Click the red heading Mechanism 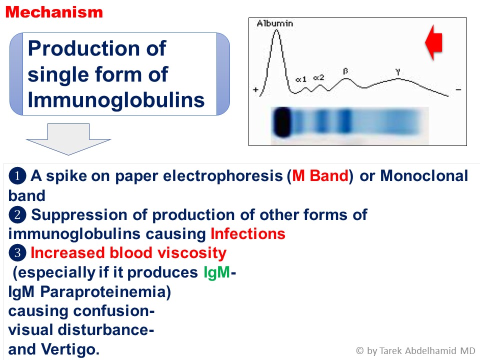pyautogui.click(x=54, y=12)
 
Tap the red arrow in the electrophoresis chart pyautogui.click(x=434, y=42)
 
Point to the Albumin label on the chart pyautogui.click(x=275, y=23)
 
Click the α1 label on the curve pyautogui.click(x=301, y=79)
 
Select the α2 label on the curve pyautogui.click(x=318, y=78)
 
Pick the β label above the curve pyautogui.click(x=345, y=71)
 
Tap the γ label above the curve pyautogui.click(x=397, y=72)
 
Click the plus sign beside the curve pyautogui.click(x=255, y=89)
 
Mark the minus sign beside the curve pyautogui.click(x=458, y=89)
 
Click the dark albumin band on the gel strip pyautogui.click(x=281, y=122)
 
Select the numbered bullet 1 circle pyautogui.click(x=17, y=176)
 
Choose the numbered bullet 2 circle pyautogui.click(x=17, y=214)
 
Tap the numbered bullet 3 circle pyautogui.click(x=17, y=253)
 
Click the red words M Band pyautogui.click(x=320, y=175)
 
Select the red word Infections pyautogui.click(x=248, y=234)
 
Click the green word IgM pyautogui.click(x=216, y=272)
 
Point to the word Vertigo pyautogui.click(x=70, y=349)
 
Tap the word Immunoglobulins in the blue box pyautogui.click(x=116, y=100)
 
